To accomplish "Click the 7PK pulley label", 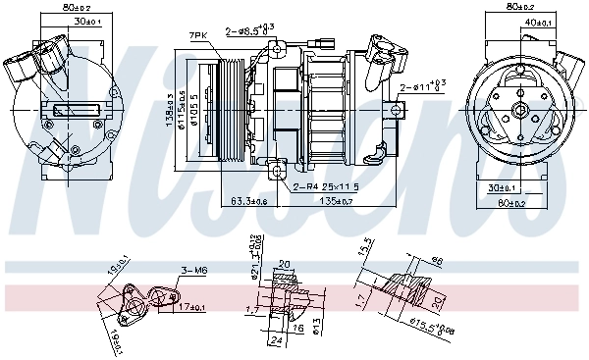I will coord(199,35).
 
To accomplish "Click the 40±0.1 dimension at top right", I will coord(537,23).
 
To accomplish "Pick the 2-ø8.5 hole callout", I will coord(251,33).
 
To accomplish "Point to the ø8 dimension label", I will coord(436,261).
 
